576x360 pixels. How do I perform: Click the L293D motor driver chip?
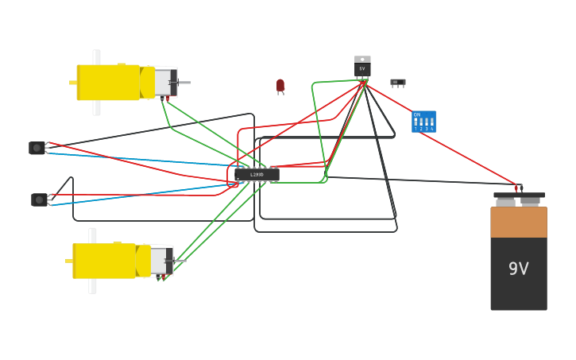tap(257, 174)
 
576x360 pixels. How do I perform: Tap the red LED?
tap(280, 85)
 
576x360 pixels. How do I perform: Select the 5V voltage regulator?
tap(362, 68)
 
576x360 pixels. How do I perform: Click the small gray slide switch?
tap(397, 82)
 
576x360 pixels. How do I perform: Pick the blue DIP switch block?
tap(424, 122)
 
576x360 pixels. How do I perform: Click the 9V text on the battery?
tap(518, 269)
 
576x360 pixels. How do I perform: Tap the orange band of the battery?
tap(518, 222)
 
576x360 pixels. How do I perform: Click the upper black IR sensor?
tap(37, 148)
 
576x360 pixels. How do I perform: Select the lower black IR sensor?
tap(39, 199)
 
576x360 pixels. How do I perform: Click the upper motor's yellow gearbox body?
tap(108, 83)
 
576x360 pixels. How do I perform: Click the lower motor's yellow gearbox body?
tap(104, 261)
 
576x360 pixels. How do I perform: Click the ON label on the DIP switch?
tap(416, 114)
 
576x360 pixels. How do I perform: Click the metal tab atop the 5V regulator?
tap(362, 59)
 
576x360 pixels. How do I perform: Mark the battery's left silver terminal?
tap(505, 202)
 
